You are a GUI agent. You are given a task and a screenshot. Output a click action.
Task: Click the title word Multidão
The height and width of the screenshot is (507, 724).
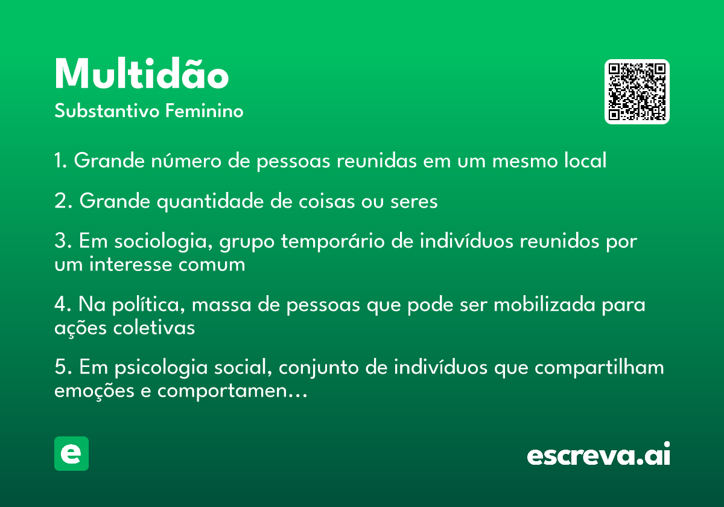coord(142,74)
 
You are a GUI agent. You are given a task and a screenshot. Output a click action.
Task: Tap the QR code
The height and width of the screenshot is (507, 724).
coord(637,92)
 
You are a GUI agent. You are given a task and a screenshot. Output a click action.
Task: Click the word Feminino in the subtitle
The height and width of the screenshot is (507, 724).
coord(205,111)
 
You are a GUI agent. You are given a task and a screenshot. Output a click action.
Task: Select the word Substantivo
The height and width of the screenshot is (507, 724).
coord(107,111)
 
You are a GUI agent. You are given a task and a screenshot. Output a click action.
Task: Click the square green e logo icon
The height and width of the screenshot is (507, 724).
coord(71,453)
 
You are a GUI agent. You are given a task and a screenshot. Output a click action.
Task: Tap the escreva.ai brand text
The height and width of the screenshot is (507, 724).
coord(599,454)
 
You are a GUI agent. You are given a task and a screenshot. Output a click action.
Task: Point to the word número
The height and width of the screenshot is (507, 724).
coord(186,161)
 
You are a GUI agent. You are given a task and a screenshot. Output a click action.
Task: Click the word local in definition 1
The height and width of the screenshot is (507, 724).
coord(585,160)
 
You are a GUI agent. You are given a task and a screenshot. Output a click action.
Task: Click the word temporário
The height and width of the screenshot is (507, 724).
coord(333,242)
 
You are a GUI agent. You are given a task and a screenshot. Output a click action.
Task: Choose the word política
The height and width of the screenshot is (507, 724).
coord(148,305)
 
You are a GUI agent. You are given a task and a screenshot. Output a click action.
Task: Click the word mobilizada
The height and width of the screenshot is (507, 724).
coord(545,305)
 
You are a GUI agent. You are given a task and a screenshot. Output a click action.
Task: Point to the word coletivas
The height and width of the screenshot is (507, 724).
coord(154,328)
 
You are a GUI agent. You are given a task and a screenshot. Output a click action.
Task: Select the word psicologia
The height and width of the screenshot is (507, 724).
coord(161,368)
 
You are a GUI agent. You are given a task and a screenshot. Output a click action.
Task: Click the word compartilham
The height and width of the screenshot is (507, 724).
coord(599,368)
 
